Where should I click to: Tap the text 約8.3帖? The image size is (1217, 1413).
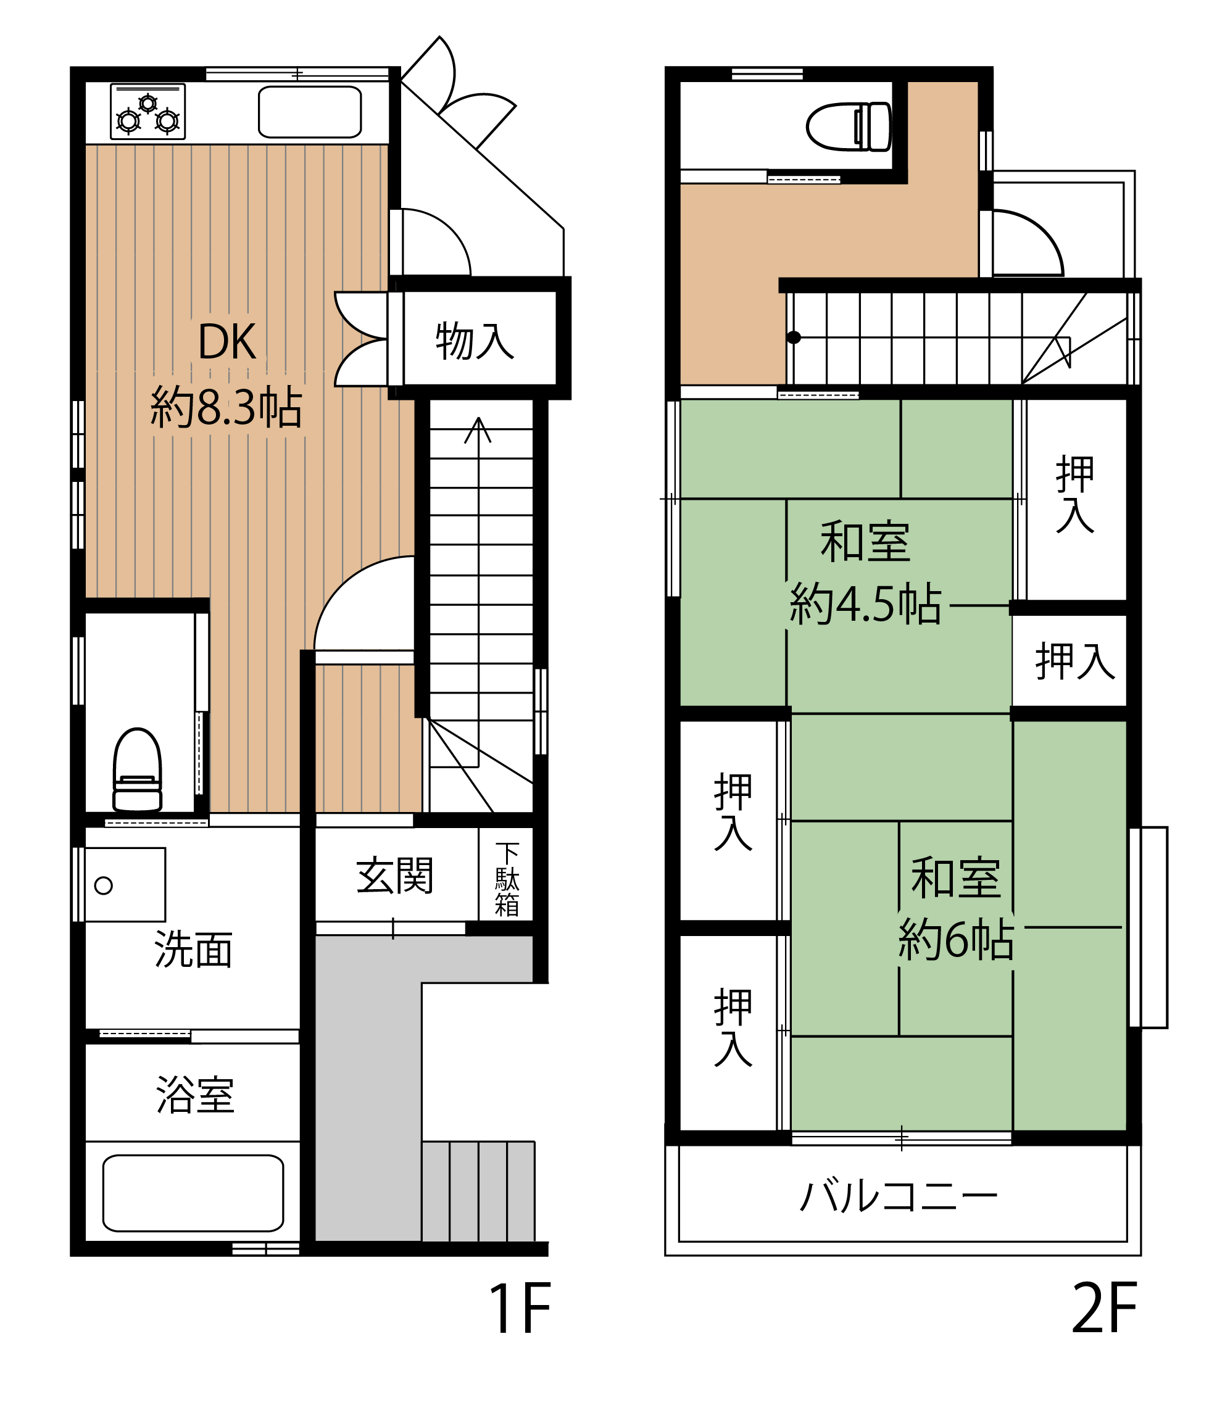click(226, 407)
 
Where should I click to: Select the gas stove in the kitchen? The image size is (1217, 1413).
click(147, 111)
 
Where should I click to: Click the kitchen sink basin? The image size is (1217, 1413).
click(310, 112)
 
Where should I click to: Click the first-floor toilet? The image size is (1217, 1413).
click(137, 770)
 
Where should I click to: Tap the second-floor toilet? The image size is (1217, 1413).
click(849, 126)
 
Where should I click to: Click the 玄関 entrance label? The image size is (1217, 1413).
click(395, 876)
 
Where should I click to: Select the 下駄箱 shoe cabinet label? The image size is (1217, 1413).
click(507, 879)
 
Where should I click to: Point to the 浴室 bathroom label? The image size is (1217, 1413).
click(196, 1095)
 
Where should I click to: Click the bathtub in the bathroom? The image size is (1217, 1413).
click(193, 1193)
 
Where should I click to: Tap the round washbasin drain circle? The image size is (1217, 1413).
click(104, 886)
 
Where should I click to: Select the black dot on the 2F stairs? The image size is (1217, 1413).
click(794, 337)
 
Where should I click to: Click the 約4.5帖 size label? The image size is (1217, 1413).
click(866, 603)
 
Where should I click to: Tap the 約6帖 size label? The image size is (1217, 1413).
click(956, 939)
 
